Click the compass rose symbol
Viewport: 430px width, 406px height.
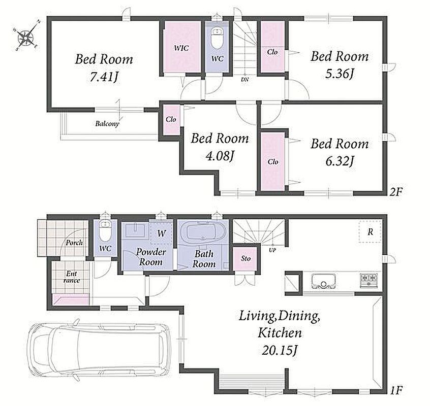point(26,36)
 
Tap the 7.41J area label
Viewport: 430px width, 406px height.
point(104,77)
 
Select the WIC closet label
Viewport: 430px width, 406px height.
point(181,48)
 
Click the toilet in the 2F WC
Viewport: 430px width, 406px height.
point(217,38)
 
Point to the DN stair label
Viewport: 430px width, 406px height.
point(245,80)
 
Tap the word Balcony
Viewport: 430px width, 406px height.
point(107,124)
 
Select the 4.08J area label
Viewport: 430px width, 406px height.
point(220,156)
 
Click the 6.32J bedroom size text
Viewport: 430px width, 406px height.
point(339,161)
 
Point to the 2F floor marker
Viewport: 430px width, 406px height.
point(396,192)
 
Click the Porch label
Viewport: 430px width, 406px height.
point(74,243)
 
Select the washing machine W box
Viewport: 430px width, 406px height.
point(161,233)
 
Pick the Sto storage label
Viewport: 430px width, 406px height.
point(245,258)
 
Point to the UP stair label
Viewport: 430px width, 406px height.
point(272,250)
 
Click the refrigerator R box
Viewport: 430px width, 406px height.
point(370,231)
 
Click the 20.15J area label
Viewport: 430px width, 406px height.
point(280,350)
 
